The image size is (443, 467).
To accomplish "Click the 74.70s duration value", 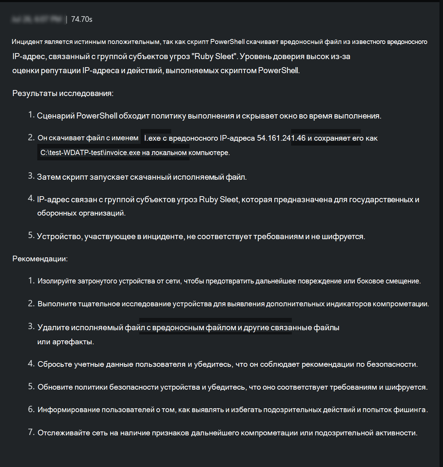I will tap(82, 19).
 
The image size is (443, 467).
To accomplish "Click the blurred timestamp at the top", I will tap(37, 19).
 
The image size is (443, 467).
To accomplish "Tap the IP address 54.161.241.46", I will tap(281, 138).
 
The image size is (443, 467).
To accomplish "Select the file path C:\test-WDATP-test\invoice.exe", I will tap(90, 153).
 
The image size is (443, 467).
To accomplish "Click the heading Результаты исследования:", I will tap(63, 94).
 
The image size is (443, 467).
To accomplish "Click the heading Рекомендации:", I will tap(40, 259).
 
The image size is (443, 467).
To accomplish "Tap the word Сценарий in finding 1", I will tap(56, 116).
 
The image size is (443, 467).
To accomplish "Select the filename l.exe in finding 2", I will tap(152, 138).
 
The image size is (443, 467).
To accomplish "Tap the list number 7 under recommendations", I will tap(31, 432).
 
